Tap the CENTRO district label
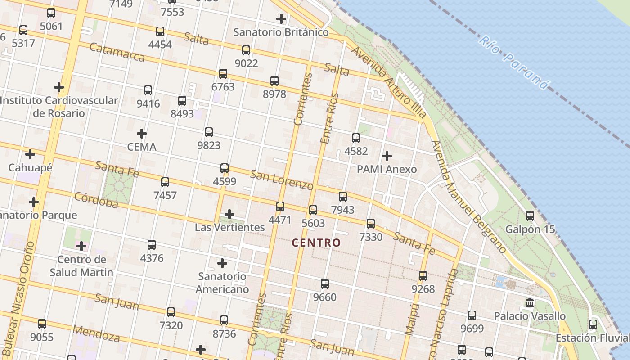tap(316, 243)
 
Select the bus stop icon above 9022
tap(246, 50)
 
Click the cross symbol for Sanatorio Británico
tap(281, 19)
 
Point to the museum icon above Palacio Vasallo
tap(530, 302)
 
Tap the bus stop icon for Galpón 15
tap(530, 216)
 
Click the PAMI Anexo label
tap(387, 169)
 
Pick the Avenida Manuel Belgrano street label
tap(468, 196)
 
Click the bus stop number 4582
tap(356, 151)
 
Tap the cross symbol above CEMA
tap(142, 134)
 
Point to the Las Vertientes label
tap(229, 227)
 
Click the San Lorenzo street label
tap(282, 180)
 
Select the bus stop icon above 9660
tap(325, 284)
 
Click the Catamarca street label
tap(117, 52)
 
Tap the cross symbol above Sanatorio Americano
tap(222, 263)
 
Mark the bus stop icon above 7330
tap(371, 224)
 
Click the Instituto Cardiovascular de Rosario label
tap(59, 107)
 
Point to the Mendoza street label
tap(96, 333)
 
